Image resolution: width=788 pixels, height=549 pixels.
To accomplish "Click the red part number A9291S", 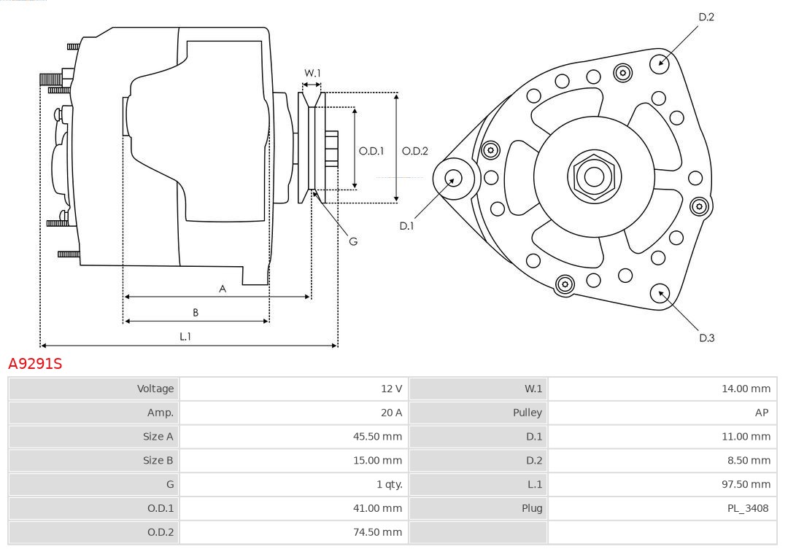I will (x=35, y=363).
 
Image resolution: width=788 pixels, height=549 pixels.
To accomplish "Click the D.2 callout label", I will (x=706, y=17).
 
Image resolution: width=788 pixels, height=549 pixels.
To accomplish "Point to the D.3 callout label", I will (x=706, y=338).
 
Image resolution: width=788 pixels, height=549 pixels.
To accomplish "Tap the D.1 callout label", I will (x=406, y=226).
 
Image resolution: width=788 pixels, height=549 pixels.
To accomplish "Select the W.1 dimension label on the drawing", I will (x=312, y=73).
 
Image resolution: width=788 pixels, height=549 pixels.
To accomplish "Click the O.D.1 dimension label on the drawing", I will (x=371, y=151).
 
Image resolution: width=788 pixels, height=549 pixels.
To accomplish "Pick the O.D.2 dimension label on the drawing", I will (x=415, y=151).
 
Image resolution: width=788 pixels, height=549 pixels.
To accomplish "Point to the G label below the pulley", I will (x=353, y=241).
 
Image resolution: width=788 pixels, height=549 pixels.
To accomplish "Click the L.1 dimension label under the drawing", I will (x=185, y=336).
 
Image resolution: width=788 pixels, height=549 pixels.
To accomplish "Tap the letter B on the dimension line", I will (x=196, y=313).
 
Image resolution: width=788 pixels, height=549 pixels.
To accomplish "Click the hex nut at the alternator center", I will (x=594, y=176).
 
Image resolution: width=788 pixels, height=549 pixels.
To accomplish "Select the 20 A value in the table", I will (x=391, y=413).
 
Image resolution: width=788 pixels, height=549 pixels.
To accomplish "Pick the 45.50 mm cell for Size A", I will (x=377, y=437).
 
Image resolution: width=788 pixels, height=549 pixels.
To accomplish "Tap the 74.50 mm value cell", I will (x=377, y=532).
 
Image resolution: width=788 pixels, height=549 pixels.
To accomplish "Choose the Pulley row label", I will (x=527, y=413).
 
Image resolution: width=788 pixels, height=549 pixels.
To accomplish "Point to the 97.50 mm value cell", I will (x=746, y=484).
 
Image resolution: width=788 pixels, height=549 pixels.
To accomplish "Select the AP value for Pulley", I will (x=762, y=413).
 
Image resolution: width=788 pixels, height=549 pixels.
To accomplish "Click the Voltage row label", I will (x=155, y=389).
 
